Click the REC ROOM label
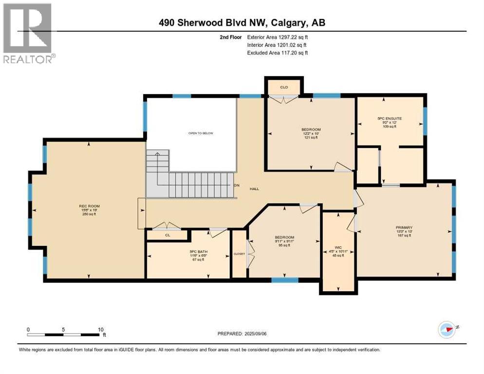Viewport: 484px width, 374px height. tap(89, 206)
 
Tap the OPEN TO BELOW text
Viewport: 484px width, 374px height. tap(201, 133)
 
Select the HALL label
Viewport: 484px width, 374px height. tap(254, 189)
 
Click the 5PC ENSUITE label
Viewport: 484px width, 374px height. tap(389, 118)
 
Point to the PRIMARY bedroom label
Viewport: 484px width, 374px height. tap(404, 227)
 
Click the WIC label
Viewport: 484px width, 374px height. tap(338, 247)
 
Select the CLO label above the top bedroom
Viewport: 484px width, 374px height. tap(284, 88)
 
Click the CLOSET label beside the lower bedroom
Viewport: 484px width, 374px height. tap(239, 254)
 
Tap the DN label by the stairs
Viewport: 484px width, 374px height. tap(237, 186)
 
